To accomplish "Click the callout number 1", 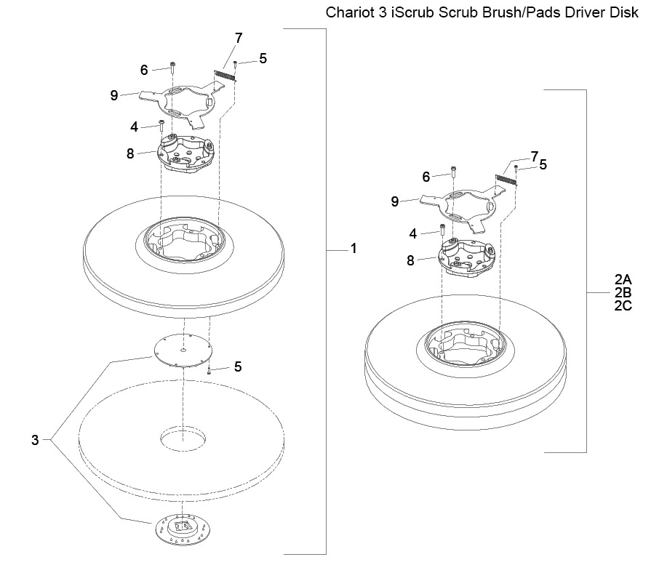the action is (354, 249).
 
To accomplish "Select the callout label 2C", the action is (623, 306).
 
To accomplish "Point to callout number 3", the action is (35, 440).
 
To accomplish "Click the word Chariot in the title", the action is (351, 12).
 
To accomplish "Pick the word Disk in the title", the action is (624, 12).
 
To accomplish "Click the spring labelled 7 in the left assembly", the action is (225, 76).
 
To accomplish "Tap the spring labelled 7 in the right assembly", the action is (506, 180).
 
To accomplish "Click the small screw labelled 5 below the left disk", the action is (209, 370).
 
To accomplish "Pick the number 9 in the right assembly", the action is (395, 201).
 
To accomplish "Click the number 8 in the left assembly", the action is (130, 154).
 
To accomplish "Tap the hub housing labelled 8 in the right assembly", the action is (467, 257).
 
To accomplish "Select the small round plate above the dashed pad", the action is (183, 350).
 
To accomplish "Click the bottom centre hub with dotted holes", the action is (183, 529).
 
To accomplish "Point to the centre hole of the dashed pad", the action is (183, 438).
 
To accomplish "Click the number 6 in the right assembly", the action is (426, 177).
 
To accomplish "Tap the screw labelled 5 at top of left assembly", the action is (236, 63).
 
